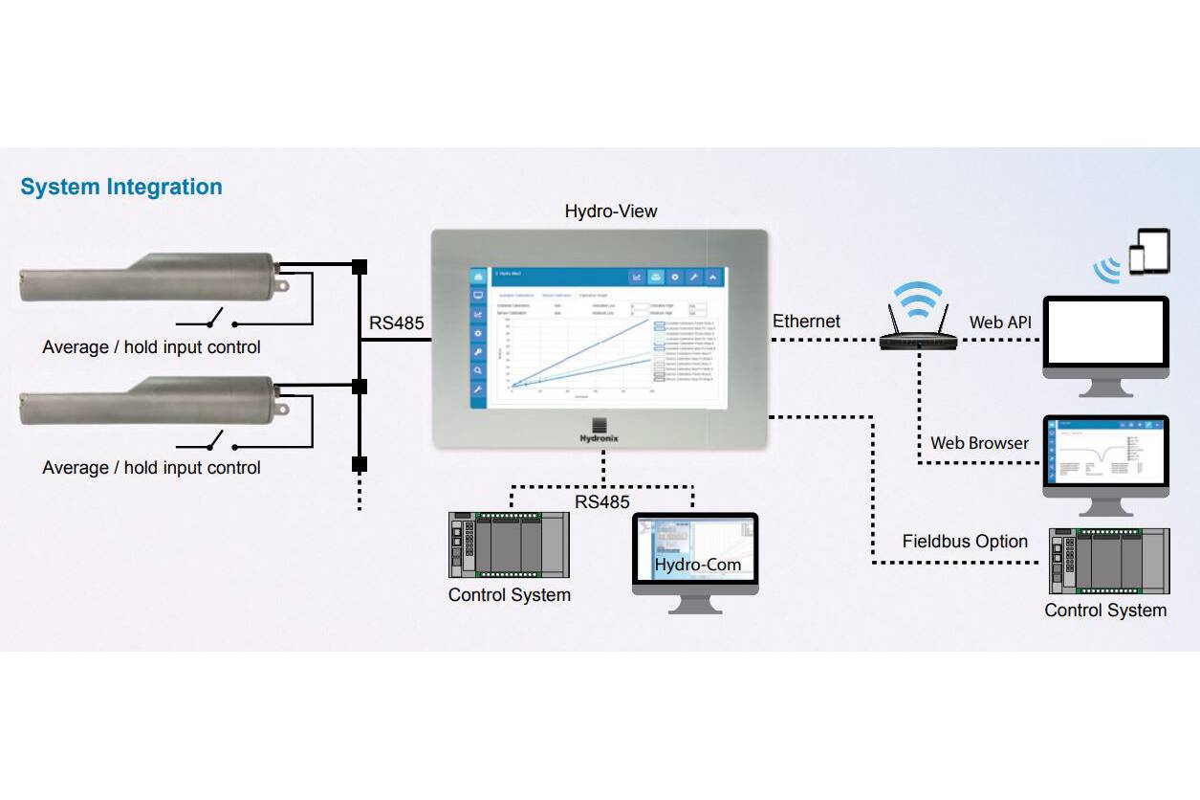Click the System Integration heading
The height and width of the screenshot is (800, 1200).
click(x=121, y=188)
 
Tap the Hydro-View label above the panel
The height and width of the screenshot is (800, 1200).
click(x=611, y=211)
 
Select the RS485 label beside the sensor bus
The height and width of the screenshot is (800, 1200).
click(x=397, y=323)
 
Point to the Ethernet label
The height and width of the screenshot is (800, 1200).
click(x=807, y=322)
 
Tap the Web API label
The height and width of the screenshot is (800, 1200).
click(x=1000, y=322)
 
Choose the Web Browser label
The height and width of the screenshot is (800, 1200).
click(x=979, y=443)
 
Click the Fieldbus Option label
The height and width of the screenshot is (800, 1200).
click(x=965, y=542)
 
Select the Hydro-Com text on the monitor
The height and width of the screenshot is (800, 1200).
click(x=697, y=565)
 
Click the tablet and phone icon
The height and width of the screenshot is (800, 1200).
click(x=1148, y=251)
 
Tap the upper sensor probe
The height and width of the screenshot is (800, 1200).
click(x=148, y=277)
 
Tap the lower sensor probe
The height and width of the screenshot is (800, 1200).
click(x=148, y=398)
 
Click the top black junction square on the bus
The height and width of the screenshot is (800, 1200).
click(x=360, y=266)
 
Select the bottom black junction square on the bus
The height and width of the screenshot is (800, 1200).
click(x=360, y=464)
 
